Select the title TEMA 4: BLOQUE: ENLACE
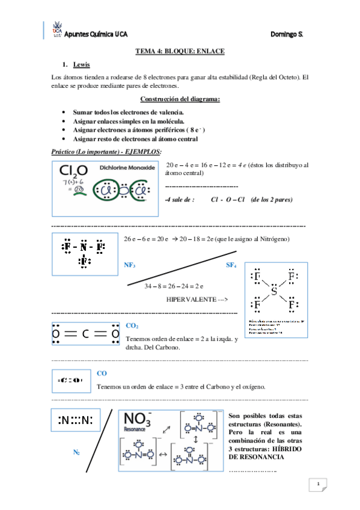tap(180, 52)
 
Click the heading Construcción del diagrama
tap(180, 99)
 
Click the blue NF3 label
tap(129, 265)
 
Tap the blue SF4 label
tap(231, 265)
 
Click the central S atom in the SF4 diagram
tap(273, 292)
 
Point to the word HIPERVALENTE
tap(191, 299)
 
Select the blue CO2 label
tap(132, 325)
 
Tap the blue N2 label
tap(76, 451)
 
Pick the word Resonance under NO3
tap(135, 430)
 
